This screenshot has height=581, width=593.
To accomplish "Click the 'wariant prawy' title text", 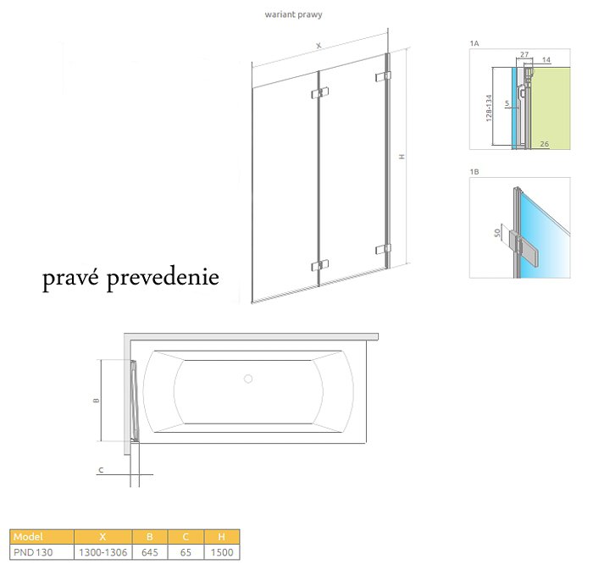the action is (293, 14).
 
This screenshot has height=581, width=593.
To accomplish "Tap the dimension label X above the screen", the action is (319, 46).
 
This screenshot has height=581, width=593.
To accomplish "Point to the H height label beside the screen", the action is (402, 157).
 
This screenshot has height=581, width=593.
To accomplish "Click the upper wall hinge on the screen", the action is (383, 76).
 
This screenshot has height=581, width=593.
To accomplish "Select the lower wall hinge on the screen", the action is (383, 250).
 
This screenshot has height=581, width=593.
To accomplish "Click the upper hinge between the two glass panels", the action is (320, 93).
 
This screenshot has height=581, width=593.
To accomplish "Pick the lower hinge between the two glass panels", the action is (320, 266).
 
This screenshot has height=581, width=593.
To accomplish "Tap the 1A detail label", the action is (474, 43).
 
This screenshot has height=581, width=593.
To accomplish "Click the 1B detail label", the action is (474, 172).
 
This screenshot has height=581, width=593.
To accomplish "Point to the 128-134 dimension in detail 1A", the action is (489, 108).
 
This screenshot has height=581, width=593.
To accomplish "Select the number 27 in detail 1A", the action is (524, 54).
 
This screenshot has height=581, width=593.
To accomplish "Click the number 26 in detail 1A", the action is (544, 144).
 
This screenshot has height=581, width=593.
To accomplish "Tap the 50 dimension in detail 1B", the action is (498, 232).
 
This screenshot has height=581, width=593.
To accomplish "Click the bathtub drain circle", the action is (248, 379).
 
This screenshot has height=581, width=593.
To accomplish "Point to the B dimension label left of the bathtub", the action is (97, 401).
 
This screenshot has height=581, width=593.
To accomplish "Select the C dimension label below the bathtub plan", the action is (101, 470).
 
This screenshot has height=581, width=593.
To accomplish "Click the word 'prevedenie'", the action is (163, 278).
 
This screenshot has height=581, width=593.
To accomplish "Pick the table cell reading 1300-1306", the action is (103, 552).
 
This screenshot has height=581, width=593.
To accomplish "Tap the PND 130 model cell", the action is (33, 552).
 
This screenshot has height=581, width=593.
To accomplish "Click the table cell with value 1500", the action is (222, 552).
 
